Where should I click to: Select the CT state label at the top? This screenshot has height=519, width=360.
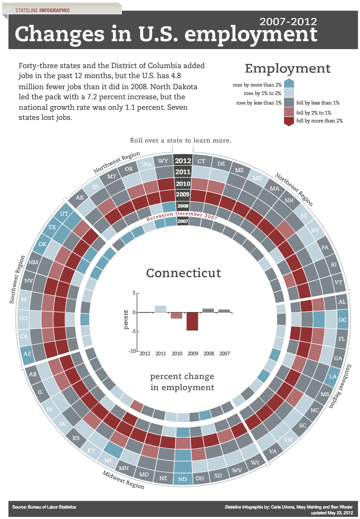201,161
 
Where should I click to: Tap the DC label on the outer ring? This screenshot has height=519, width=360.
343,319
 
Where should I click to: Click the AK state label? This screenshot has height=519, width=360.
80,198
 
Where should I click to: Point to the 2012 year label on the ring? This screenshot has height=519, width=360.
183,161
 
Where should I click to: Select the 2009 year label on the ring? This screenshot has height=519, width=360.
183,195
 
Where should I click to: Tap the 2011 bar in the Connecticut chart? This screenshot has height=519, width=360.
160,309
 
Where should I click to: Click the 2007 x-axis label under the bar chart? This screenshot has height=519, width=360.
224,353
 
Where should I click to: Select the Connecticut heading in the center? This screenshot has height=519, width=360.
183,273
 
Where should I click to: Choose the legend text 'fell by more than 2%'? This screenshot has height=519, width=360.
320,121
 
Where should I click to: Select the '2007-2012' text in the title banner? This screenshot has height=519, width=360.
288,22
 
